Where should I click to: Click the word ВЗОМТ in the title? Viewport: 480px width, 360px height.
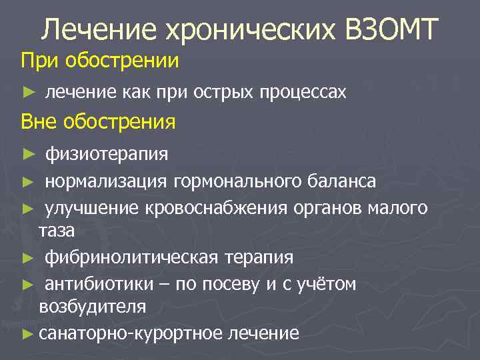point(391,29)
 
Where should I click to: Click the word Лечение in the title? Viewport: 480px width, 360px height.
point(93,29)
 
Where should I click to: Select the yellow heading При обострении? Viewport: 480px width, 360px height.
point(100,61)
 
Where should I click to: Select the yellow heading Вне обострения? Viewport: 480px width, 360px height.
point(98,122)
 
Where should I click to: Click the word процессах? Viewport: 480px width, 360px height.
point(304,93)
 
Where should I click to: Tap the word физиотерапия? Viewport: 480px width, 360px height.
point(107,155)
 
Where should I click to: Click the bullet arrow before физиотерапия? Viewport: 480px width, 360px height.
point(27,155)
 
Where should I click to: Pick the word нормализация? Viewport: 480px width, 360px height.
point(107,181)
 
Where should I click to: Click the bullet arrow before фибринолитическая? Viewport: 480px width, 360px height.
point(27,257)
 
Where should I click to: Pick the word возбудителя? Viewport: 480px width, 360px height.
point(93,307)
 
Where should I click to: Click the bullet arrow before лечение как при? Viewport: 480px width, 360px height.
point(27,93)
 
